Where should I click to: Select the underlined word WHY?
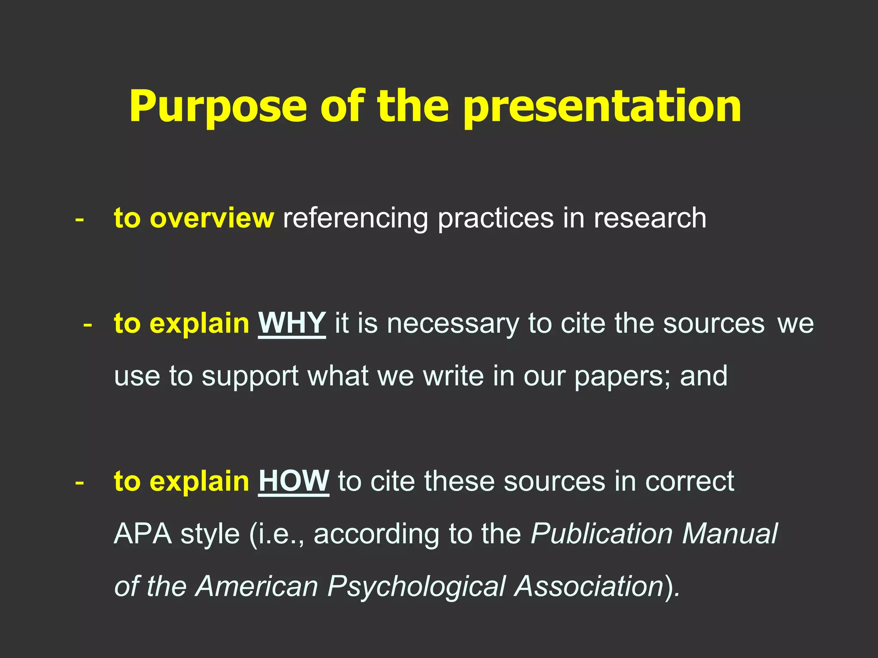292,323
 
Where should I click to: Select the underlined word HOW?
293,481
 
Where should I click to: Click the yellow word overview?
211,218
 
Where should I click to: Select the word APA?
142,534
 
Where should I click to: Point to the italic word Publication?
601,535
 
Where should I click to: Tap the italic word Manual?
730,534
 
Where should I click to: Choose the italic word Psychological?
417,587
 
